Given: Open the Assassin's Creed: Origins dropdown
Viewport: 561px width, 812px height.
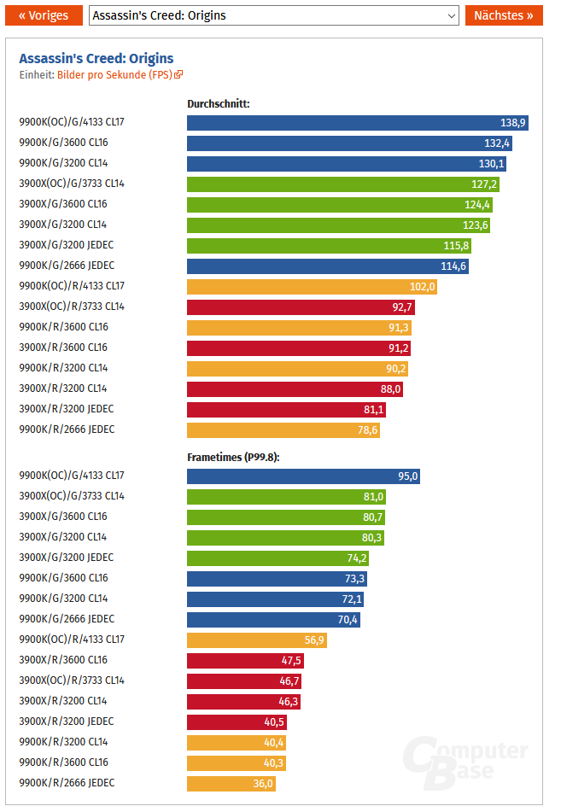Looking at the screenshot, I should click(x=273, y=15).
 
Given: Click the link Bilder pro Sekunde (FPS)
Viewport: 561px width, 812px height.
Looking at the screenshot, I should click(x=120, y=75).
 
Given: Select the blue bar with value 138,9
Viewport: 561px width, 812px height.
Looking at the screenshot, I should click(x=357, y=123).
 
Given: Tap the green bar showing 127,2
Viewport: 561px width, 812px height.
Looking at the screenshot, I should click(x=342, y=184).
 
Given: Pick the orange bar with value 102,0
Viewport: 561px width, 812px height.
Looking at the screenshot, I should click(x=312, y=287).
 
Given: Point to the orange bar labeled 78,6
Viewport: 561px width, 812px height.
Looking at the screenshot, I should click(x=283, y=430).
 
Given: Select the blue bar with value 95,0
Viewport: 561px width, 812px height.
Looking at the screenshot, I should click(x=303, y=476).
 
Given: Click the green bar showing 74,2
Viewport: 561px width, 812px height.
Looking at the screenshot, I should click(x=278, y=558).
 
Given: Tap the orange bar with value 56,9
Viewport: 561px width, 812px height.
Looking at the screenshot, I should click(x=256, y=640).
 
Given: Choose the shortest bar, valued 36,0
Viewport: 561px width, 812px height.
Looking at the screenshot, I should click(x=231, y=784).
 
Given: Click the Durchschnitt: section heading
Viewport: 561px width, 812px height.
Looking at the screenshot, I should click(x=218, y=104).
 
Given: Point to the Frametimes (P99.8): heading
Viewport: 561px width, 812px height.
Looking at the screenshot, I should click(x=233, y=458).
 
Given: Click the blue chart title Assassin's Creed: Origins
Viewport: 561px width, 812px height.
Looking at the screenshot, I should click(x=96, y=59).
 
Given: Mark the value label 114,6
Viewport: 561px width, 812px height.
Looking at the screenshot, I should click(x=453, y=266).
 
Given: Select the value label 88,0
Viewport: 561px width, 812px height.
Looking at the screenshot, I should click(x=389, y=389).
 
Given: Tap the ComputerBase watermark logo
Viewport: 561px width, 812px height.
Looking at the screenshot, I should click(x=466, y=760).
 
